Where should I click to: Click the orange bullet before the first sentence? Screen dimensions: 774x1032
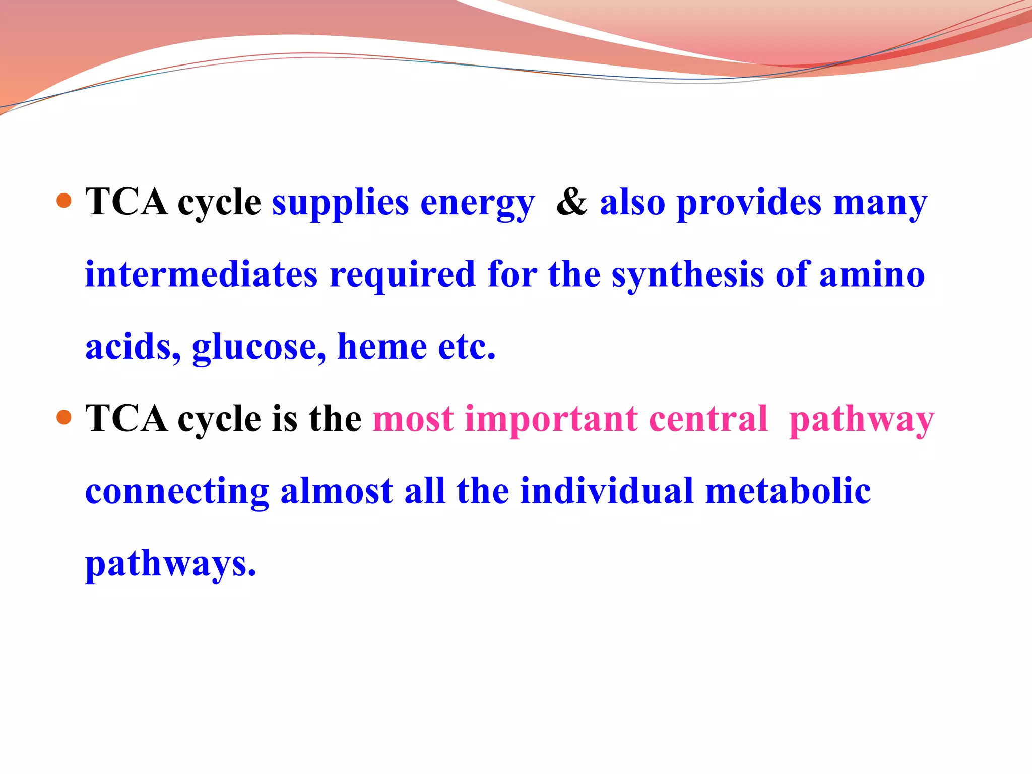(x=64, y=201)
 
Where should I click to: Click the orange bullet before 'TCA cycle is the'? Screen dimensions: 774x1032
(x=64, y=418)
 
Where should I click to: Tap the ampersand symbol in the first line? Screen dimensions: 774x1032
(x=571, y=202)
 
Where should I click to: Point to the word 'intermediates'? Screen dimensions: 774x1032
(x=201, y=275)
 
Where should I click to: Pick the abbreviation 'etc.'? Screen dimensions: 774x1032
(x=467, y=348)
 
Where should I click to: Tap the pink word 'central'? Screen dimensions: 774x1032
(x=708, y=419)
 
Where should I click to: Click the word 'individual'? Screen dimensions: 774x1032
(x=607, y=491)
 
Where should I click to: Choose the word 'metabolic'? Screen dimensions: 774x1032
(x=788, y=491)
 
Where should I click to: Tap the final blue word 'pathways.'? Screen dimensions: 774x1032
(x=171, y=565)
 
